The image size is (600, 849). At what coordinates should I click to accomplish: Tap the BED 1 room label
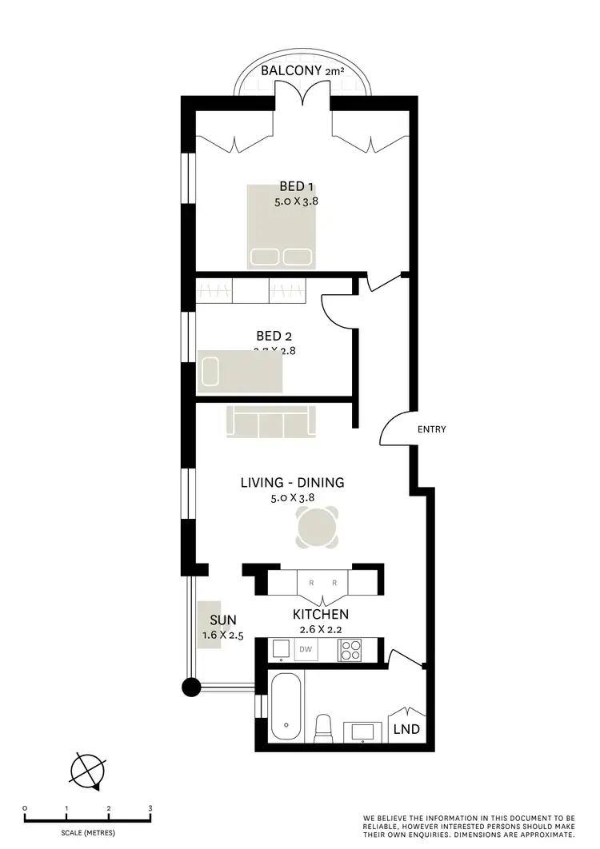click(x=296, y=187)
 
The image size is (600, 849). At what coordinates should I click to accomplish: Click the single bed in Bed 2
click(x=240, y=373)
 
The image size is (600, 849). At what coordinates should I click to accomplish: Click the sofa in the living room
click(x=271, y=421)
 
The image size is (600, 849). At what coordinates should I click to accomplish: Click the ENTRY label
click(x=431, y=429)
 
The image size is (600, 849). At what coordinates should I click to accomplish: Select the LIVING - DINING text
click(x=293, y=482)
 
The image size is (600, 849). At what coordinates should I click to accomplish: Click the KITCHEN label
click(x=320, y=615)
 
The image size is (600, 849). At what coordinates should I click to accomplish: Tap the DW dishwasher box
click(x=305, y=650)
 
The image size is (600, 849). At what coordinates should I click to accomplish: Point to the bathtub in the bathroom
click(x=285, y=707)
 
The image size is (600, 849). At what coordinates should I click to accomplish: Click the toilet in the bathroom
click(x=325, y=727)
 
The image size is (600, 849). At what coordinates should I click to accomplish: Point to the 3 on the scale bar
click(x=150, y=808)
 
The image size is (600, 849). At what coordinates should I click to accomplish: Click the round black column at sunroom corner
click(x=190, y=686)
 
